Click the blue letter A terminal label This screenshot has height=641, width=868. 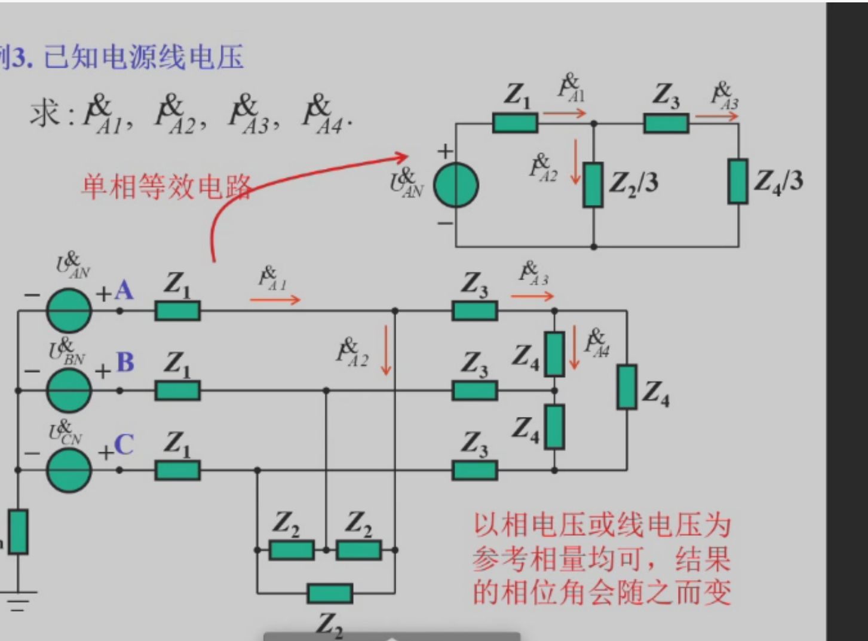124,291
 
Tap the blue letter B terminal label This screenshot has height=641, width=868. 125,363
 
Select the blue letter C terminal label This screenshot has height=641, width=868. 124,445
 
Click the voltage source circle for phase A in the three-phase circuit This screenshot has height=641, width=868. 69,311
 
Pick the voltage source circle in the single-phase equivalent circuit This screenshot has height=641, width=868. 456,185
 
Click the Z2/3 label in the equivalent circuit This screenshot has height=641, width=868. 633,182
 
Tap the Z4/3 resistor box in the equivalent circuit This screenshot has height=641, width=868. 738,182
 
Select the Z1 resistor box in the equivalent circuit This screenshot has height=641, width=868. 515,123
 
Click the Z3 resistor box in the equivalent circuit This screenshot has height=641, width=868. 666,123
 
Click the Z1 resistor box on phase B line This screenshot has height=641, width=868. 177,391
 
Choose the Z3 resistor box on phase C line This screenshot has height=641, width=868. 475,471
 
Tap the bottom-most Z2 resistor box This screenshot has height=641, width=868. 330,594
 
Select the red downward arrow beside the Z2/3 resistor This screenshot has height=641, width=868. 576,161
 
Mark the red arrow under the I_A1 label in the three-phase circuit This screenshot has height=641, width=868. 275,299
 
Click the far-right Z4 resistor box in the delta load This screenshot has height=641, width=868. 627,387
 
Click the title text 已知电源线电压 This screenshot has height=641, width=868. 144,58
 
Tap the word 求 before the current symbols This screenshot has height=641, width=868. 45,113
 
